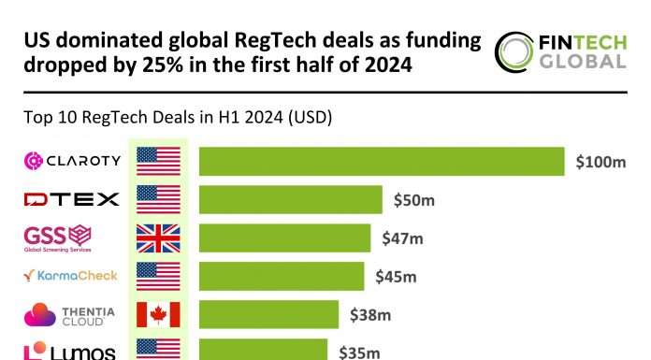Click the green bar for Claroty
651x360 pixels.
click(x=382, y=161)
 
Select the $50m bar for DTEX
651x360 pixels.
click(x=290, y=199)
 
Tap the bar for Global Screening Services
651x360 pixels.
click(x=284, y=238)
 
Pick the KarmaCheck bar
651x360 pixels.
click(x=281, y=276)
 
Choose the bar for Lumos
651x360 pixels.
click(x=263, y=351)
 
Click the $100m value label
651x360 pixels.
click(x=600, y=162)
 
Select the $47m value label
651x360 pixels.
click(x=403, y=238)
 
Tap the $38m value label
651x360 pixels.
click(x=369, y=315)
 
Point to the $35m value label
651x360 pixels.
click(x=359, y=353)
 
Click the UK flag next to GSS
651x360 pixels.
click(x=158, y=238)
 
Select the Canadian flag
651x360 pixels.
click(x=158, y=314)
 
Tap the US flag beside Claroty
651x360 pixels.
click(x=158, y=161)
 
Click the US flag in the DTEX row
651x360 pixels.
click(x=158, y=199)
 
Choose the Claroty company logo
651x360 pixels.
click(x=72, y=161)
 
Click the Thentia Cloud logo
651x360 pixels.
click(x=72, y=315)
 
